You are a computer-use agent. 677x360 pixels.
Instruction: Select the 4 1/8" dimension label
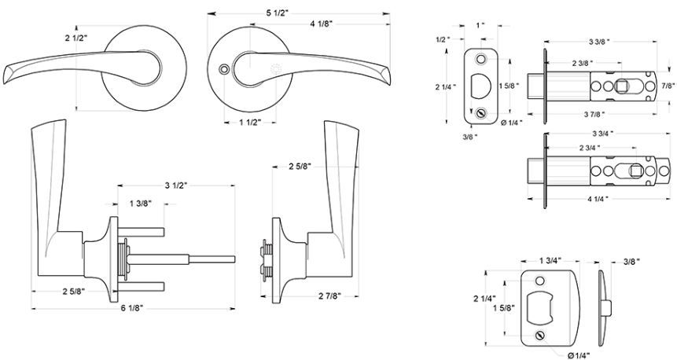tap(322, 24)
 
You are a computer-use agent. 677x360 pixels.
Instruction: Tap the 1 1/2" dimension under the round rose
tap(250, 123)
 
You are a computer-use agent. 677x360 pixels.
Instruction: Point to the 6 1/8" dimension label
tap(131, 308)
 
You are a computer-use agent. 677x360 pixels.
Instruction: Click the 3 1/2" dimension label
tap(175, 186)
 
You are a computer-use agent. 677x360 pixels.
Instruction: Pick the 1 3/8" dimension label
tap(140, 204)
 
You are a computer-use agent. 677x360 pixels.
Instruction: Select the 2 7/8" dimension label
tap(330, 296)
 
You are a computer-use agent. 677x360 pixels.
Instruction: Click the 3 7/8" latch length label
tap(594, 115)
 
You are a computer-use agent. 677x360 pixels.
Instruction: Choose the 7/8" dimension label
tap(668, 86)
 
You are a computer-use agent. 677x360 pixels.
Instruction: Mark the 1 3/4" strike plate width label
tap(550, 260)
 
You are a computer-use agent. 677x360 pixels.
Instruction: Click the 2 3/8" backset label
tap(583, 63)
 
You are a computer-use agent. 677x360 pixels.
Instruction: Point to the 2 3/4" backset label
tap(590, 148)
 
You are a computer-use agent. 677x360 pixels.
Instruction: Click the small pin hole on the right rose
tap(223, 69)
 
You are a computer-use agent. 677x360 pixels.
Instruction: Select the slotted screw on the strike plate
tap(539, 335)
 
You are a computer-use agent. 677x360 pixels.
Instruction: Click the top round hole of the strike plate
tap(539, 281)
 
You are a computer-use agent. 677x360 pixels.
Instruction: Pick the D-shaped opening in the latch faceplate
tap(480, 86)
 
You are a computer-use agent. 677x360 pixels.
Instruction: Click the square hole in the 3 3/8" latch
tap(621, 86)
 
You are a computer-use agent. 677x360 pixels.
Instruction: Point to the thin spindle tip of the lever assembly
tap(212, 259)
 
